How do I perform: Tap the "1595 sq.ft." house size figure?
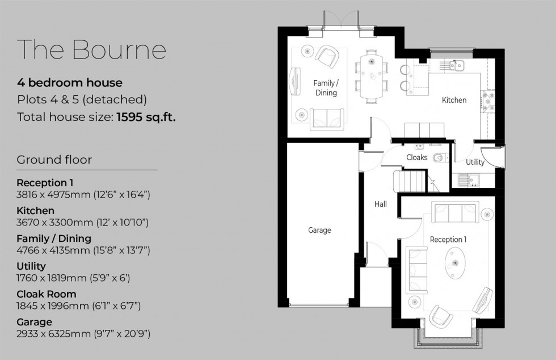pos(146,118)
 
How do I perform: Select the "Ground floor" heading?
pos(54,160)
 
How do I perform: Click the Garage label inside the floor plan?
pos(319,230)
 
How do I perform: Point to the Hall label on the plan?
pos(381,204)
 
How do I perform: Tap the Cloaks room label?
pos(417,157)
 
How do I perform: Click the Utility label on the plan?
pos(475,162)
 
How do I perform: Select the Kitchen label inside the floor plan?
pos(454,100)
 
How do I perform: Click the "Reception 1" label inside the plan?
pos(448,240)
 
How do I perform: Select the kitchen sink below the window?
pos(456,65)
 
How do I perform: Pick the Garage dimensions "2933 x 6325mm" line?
pos(83,334)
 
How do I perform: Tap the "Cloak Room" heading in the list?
pos(46,294)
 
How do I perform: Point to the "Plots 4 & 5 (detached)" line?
pos(82,100)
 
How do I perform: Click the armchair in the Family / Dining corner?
pos(327,56)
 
